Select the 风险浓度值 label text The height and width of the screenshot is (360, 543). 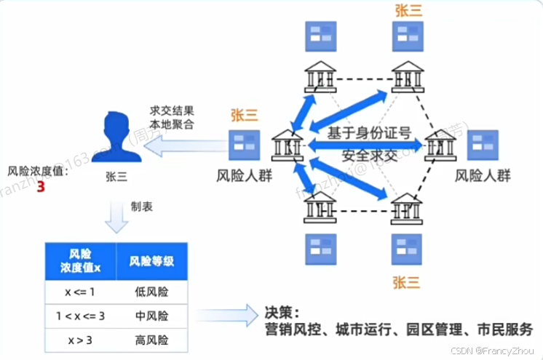[x=37, y=172]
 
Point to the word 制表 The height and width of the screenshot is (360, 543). [x=141, y=207]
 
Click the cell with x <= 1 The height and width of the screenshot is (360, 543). [x=80, y=292]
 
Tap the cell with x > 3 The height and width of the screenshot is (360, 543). [x=80, y=339]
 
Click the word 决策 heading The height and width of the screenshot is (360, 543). [x=282, y=312]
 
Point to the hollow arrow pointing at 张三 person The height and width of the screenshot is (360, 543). [x=179, y=148]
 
